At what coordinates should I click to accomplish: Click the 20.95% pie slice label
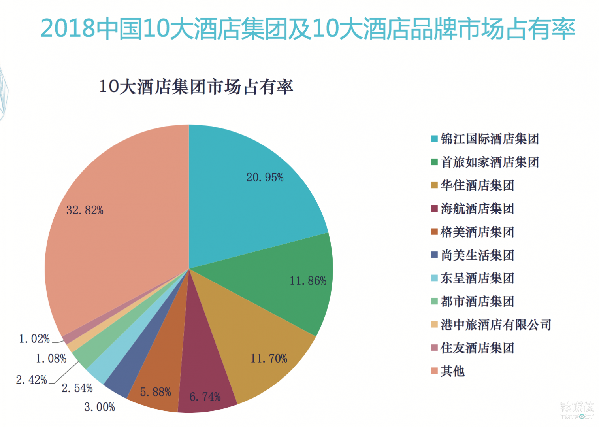pyautogui.click(x=265, y=178)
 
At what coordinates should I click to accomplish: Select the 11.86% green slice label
pyautogui.click(x=308, y=281)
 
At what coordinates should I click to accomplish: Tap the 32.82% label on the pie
pyautogui.click(x=85, y=210)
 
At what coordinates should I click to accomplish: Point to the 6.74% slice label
pyautogui.click(x=205, y=397)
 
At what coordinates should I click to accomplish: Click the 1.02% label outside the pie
pyautogui.click(x=34, y=339)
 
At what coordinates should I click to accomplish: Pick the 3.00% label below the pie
pyautogui.click(x=100, y=407)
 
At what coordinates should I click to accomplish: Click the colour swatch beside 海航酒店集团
pyautogui.click(x=434, y=208)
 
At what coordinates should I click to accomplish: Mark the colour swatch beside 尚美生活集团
pyautogui.click(x=434, y=255)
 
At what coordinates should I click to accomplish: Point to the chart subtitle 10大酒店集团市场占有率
pyautogui.click(x=196, y=87)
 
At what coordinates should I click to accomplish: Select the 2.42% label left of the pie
pyautogui.click(x=31, y=380)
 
